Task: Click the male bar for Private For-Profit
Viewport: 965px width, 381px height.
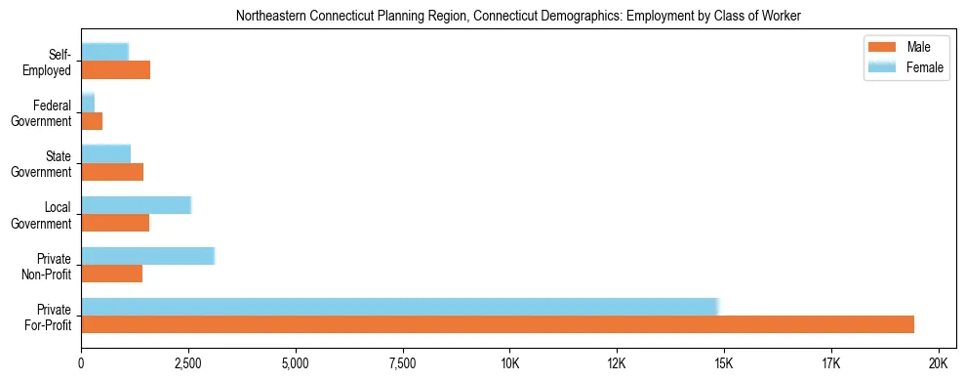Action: point(498,324)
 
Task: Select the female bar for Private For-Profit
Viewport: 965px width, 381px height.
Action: point(400,306)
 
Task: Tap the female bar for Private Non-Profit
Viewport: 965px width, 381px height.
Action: point(147,256)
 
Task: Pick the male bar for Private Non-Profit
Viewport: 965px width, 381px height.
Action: point(111,274)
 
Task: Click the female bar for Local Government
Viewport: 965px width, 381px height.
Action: point(136,205)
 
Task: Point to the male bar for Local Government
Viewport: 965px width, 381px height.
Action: point(115,223)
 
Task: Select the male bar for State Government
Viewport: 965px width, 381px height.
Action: point(112,172)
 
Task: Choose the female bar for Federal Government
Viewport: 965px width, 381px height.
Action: point(88,103)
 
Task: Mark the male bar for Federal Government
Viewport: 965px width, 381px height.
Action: point(92,121)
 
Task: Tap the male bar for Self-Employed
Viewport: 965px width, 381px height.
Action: point(115,70)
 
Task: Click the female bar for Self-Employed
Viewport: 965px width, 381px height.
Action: point(104,52)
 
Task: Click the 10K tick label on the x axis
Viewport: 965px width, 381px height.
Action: point(509,362)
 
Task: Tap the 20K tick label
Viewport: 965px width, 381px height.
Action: point(938,362)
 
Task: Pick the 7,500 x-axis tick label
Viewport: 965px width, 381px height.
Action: point(402,362)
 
